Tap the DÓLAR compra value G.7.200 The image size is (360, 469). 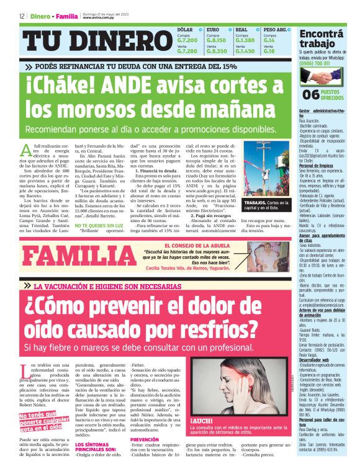coord(187,40)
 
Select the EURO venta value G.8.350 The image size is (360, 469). coord(217,51)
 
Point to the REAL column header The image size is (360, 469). coord(242,30)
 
